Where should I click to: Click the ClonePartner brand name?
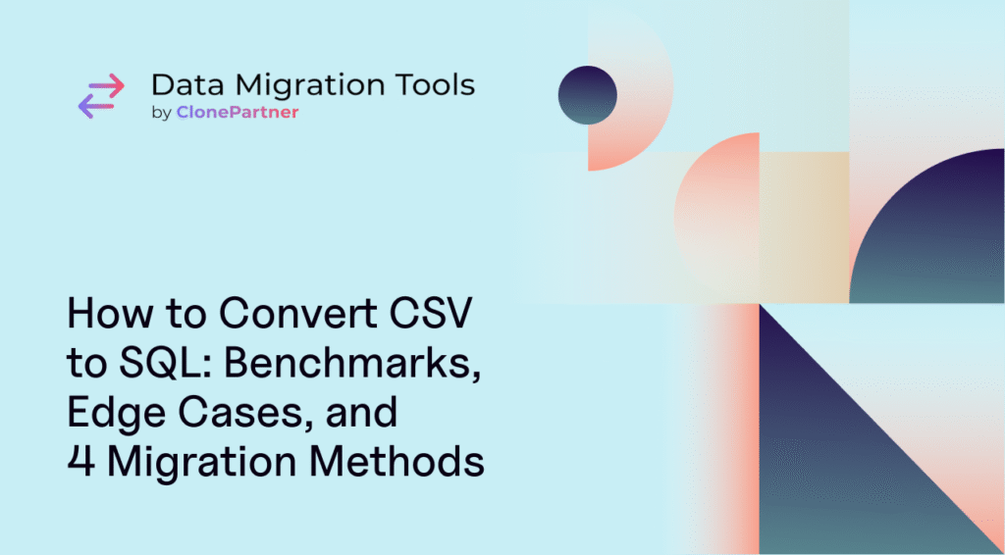238,114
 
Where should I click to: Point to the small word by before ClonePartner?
161,114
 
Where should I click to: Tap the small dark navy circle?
588,95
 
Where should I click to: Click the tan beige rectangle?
805,227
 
